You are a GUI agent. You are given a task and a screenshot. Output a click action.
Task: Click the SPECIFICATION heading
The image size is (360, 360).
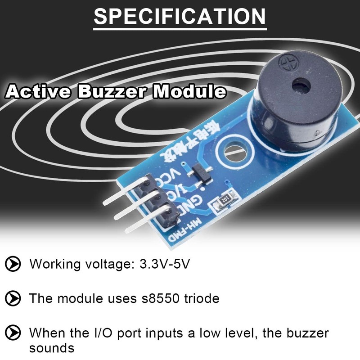tap(180, 17)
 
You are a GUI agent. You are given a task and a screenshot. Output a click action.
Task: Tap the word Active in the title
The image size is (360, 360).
tap(39, 92)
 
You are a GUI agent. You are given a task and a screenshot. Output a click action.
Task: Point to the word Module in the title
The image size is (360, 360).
tap(189, 92)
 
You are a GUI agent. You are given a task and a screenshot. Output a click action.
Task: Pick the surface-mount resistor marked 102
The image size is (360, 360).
tap(225, 198)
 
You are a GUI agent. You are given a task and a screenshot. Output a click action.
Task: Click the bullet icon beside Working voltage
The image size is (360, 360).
tap(13, 263)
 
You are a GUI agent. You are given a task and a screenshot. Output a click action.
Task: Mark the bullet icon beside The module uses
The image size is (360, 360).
tap(13, 298)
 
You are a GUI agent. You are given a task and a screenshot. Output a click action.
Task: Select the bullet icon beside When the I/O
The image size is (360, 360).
tap(13, 333)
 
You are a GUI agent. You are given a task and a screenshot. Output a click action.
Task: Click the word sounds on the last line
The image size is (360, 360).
tap(51, 348)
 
